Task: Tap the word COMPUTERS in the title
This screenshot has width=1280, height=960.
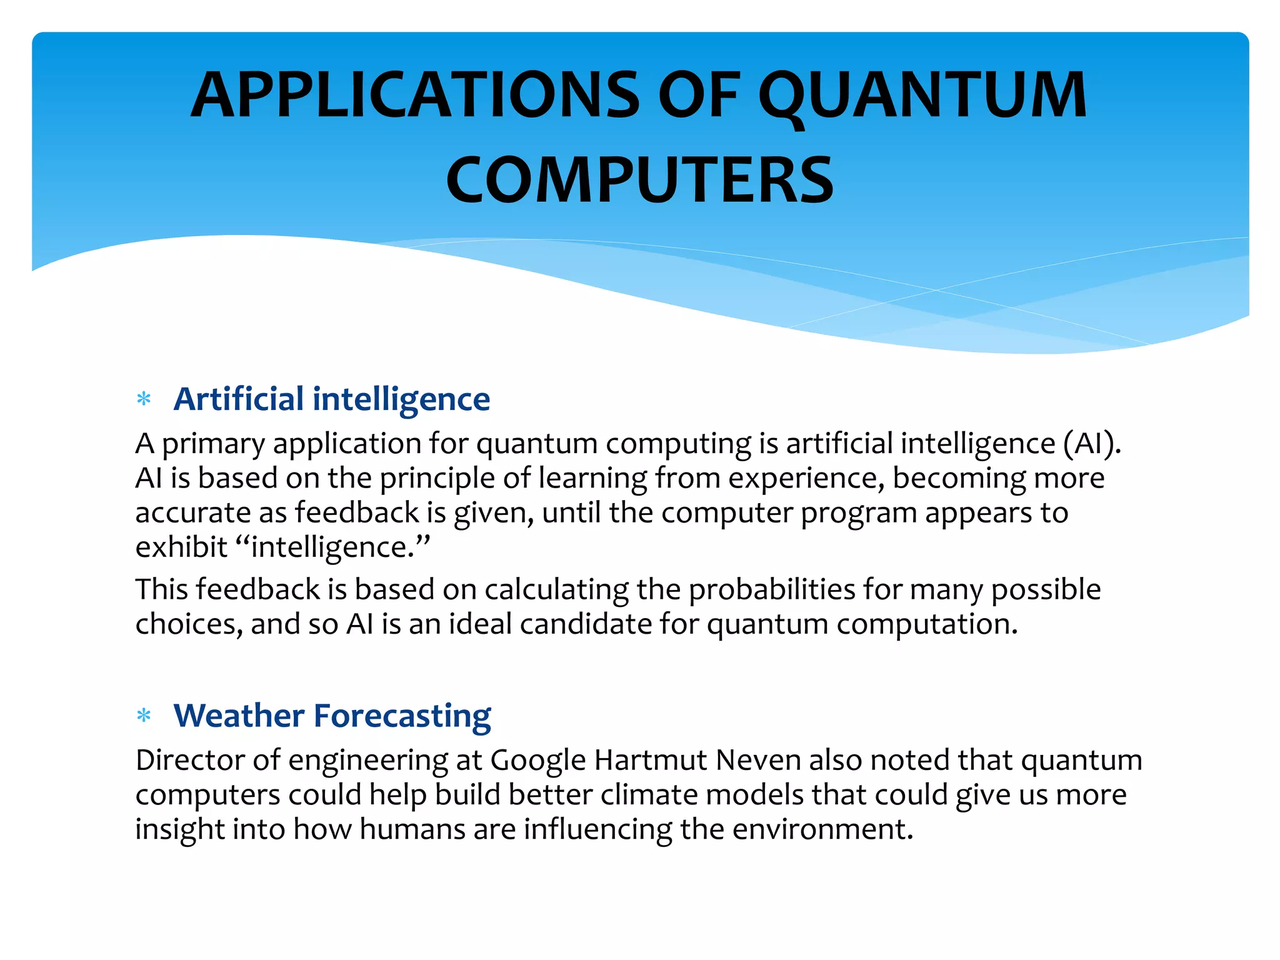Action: click(x=639, y=181)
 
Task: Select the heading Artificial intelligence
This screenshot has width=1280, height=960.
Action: click(x=332, y=399)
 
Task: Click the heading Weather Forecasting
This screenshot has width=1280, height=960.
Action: click(x=332, y=716)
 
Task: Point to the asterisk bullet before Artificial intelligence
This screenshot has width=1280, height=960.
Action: click(x=144, y=399)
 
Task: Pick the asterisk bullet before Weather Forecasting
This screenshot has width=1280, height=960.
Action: click(x=144, y=716)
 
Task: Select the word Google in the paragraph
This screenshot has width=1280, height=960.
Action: click(x=538, y=761)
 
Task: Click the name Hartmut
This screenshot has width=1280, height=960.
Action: click(x=650, y=761)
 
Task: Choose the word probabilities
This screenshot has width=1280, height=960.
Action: click(x=771, y=590)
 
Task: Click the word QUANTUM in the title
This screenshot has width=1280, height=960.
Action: click(x=922, y=95)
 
